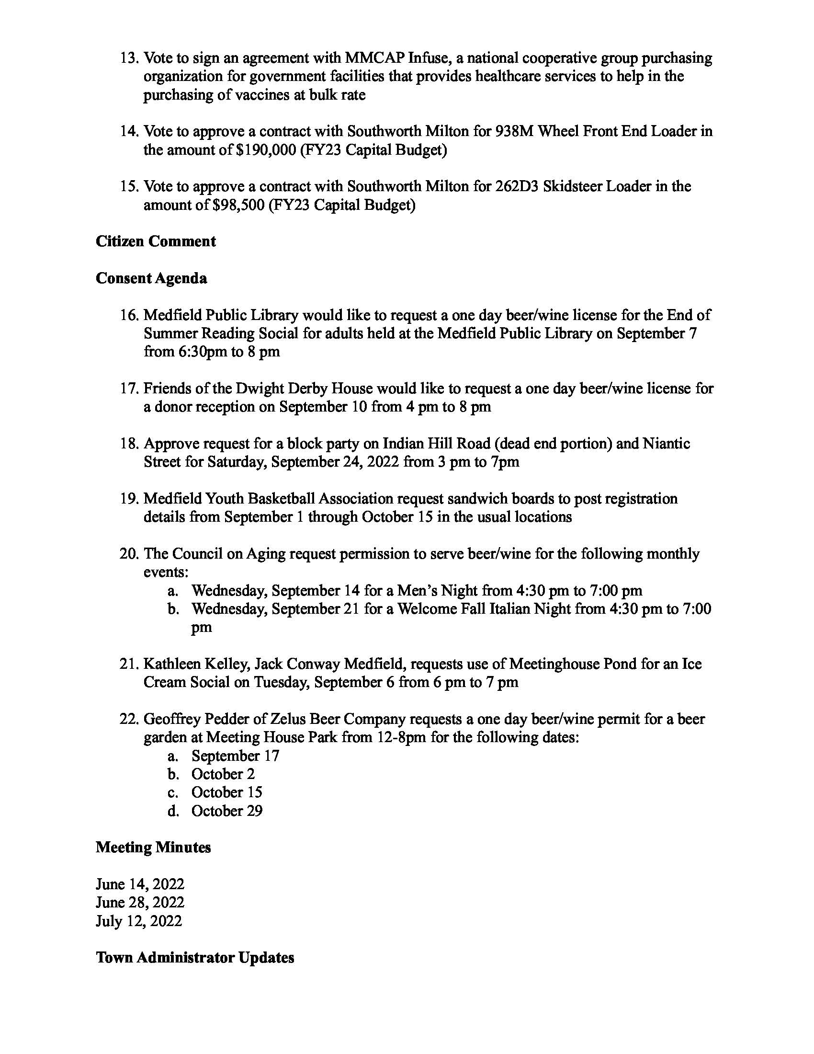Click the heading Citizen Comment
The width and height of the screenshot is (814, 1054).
click(x=155, y=241)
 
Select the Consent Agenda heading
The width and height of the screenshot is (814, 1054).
click(x=151, y=278)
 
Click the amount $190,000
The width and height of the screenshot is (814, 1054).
click(x=266, y=150)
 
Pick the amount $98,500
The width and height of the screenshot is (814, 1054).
click(x=238, y=205)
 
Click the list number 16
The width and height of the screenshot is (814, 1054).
click(x=129, y=315)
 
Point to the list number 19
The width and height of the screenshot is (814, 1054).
click(x=129, y=499)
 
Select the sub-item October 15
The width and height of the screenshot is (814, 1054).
click(x=226, y=792)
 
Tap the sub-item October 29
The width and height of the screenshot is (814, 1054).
click(x=226, y=811)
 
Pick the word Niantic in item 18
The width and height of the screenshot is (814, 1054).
click(x=667, y=444)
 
